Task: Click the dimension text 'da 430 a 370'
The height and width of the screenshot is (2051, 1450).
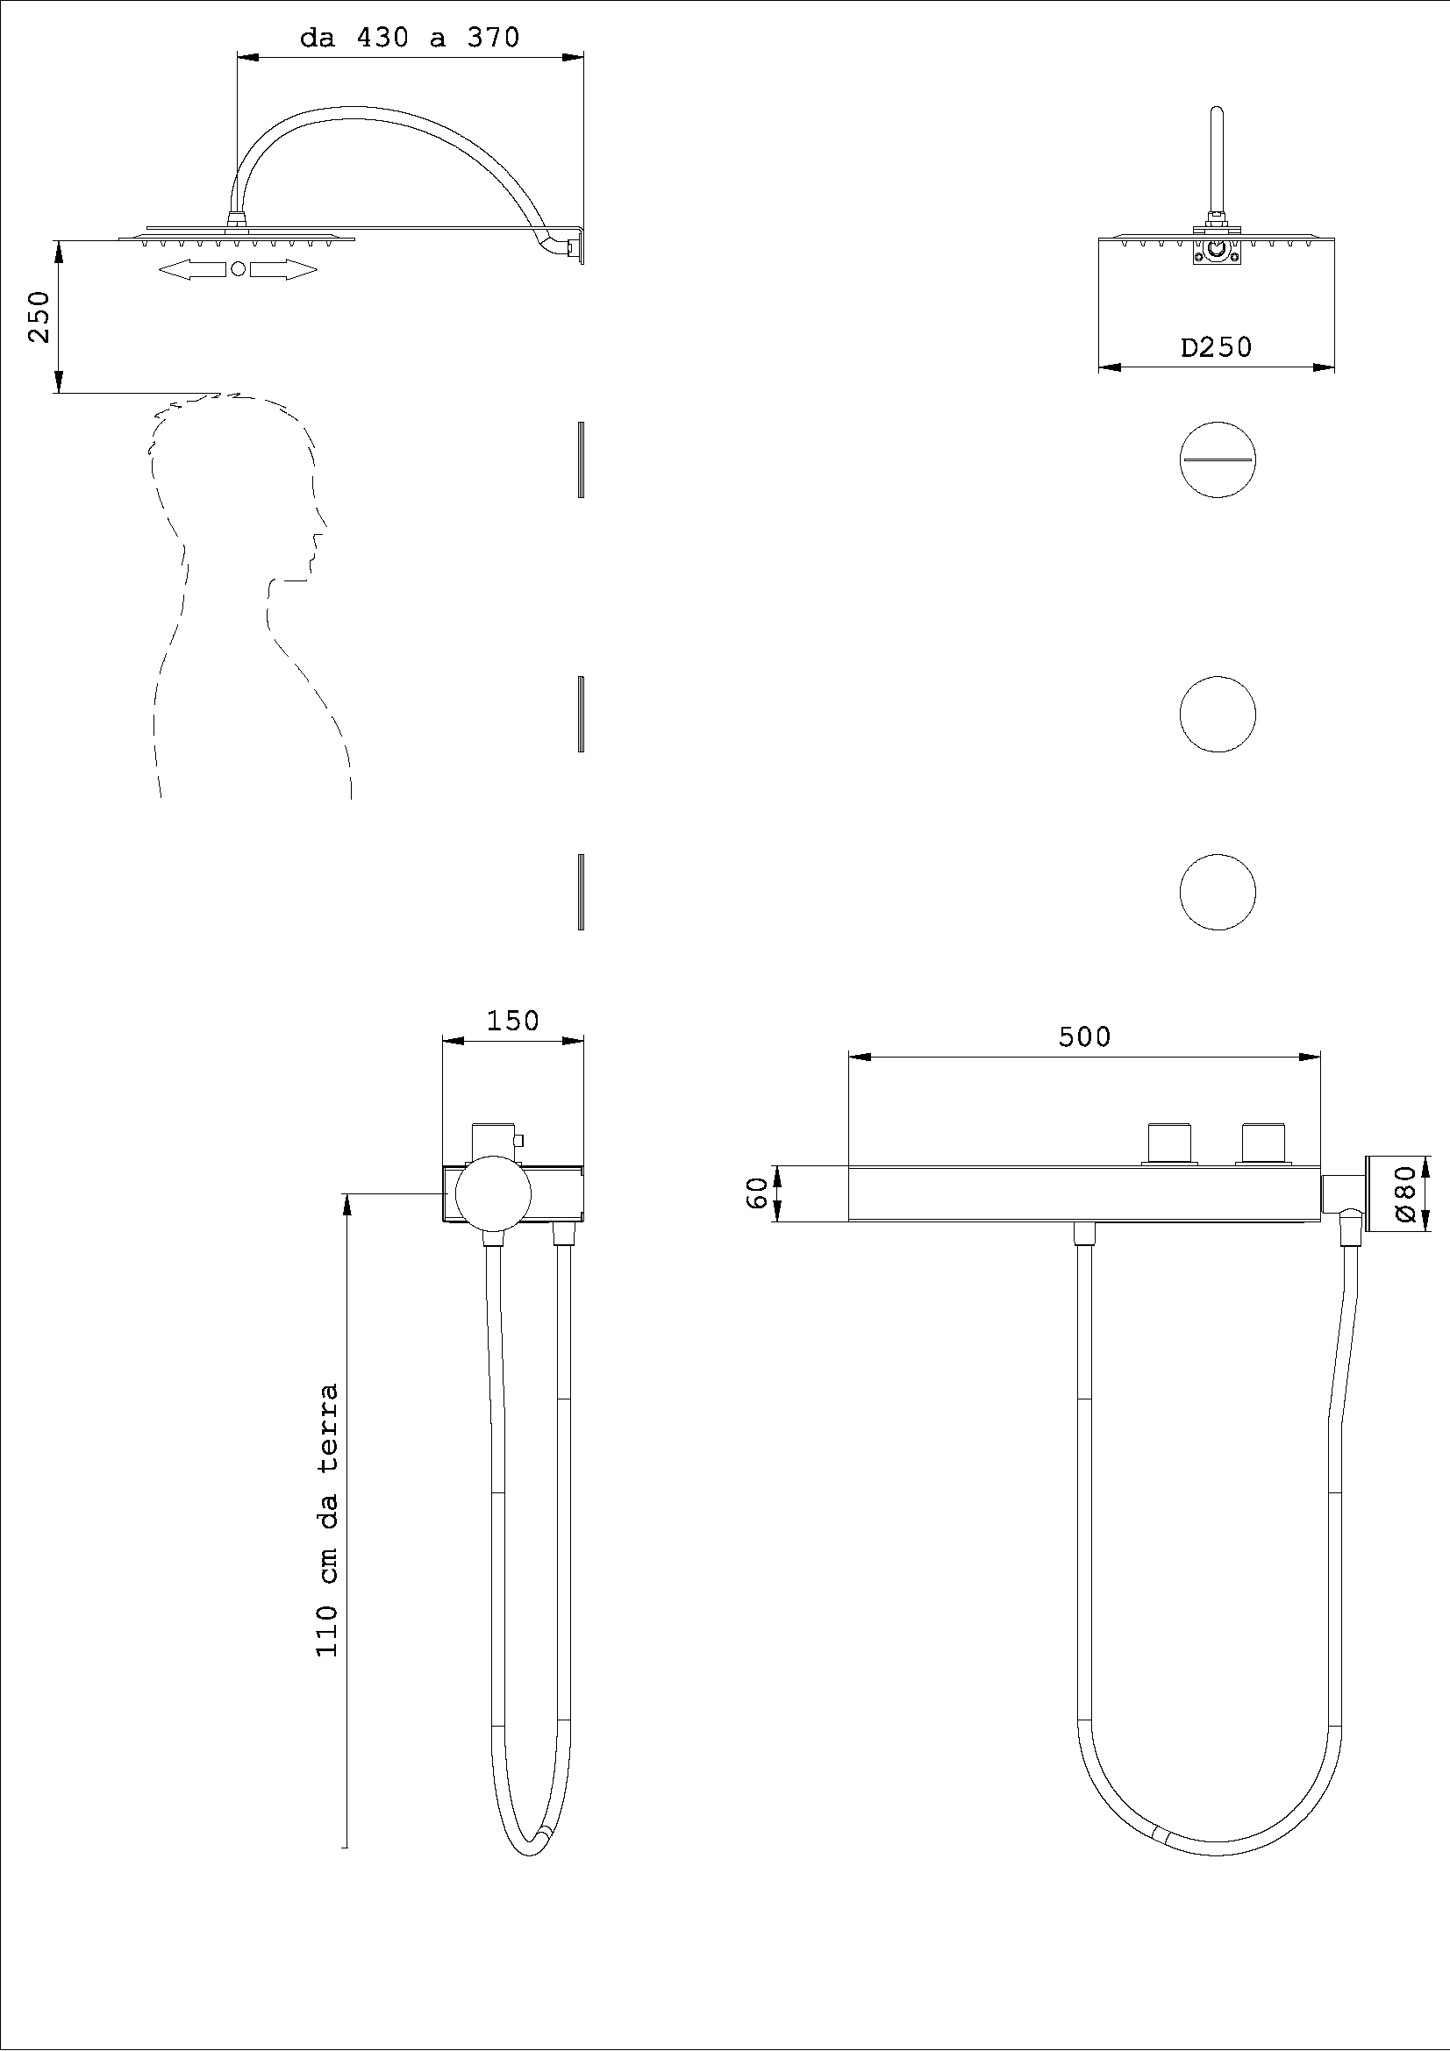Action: [409, 38]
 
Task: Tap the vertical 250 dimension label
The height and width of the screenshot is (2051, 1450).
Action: [39, 317]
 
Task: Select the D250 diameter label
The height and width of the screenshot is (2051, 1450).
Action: [1216, 346]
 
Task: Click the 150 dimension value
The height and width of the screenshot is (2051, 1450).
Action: [513, 1020]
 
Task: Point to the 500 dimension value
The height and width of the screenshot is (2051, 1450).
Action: [1084, 1036]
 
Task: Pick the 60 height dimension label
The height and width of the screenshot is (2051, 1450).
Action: [757, 1193]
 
